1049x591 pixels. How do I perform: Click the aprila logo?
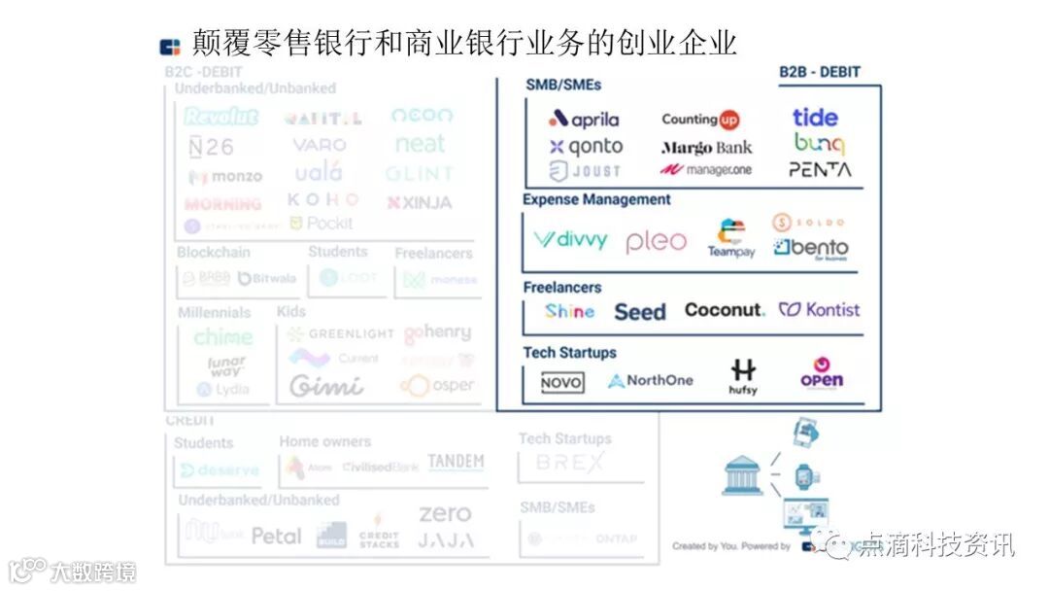[584, 120]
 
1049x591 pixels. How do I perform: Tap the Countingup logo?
[700, 120]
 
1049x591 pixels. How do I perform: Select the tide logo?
[815, 118]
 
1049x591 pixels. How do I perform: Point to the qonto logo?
[586, 147]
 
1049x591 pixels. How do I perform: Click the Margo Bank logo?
[706, 148]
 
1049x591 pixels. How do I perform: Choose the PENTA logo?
[820, 169]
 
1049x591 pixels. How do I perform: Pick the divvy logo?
[570, 239]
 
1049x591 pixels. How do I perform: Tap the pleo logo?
[656, 241]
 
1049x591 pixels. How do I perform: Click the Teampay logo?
[731, 239]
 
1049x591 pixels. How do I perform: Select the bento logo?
[811, 248]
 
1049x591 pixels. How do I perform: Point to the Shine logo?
[569, 311]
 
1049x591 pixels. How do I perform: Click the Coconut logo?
[725, 310]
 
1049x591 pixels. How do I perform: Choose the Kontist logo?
[820, 310]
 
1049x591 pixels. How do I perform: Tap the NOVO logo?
[562, 383]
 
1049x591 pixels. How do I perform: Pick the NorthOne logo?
[651, 380]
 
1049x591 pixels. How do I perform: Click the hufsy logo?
[743, 377]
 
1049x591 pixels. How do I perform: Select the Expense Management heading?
[596, 199]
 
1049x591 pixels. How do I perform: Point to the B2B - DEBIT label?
[820, 72]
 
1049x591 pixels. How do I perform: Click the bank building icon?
[743, 474]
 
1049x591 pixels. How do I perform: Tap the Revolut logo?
[221, 117]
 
